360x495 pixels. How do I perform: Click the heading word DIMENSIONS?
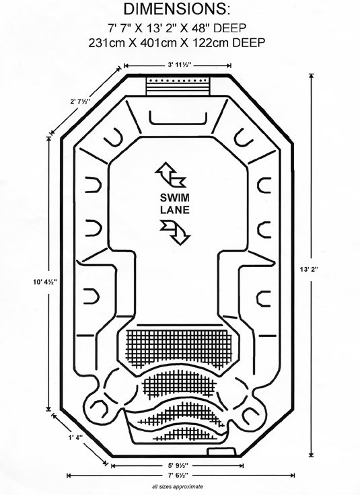tap(176, 9)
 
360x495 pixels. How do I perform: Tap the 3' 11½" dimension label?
tap(179, 65)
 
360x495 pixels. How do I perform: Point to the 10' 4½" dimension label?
tap(45, 282)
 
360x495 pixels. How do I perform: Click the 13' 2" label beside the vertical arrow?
tap(309, 269)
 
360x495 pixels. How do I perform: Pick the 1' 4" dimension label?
tap(75, 437)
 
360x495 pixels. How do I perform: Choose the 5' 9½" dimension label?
tap(178, 465)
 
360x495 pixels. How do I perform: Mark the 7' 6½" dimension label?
tap(178, 475)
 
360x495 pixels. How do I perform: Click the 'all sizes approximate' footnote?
tap(178, 486)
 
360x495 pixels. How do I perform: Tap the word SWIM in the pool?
tap(175, 198)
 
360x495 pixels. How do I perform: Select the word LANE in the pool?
tap(175, 210)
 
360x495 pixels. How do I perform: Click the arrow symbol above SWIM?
tap(170, 175)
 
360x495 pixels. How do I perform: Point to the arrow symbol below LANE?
tap(175, 232)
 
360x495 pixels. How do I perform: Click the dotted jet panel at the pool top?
tap(178, 86)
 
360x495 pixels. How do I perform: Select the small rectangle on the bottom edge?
tap(221, 451)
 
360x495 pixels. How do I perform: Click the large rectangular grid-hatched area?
tap(179, 348)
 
